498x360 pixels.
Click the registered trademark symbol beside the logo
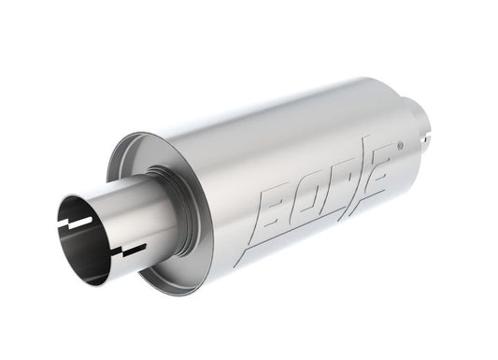[400, 146]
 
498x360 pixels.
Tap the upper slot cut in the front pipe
[76, 223]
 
